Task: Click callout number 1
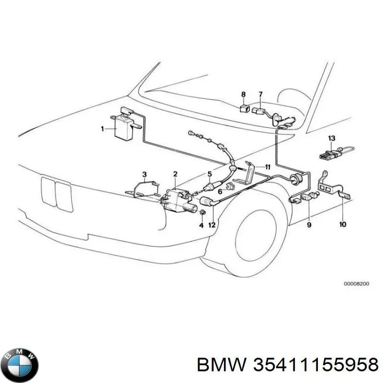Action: [x=102, y=128]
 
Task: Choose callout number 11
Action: [x=269, y=167]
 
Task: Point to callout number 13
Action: [x=331, y=138]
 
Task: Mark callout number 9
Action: [x=309, y=224]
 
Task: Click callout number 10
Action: [x=343, y=224]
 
